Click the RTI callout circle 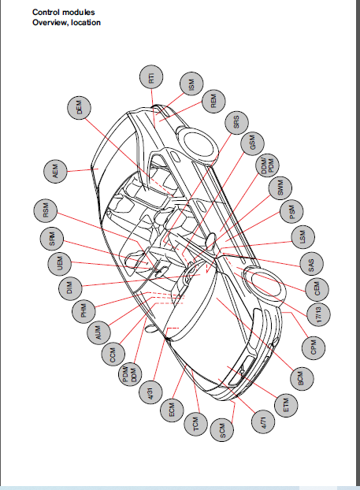(151, 77)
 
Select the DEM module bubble (79, 107)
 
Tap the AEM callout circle (55, 172)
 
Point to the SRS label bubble (236, 122)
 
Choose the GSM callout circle (253, 143)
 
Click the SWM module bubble (280, 188)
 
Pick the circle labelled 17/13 (318, 314)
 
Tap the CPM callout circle (314, 348)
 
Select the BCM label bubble (301, 378)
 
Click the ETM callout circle (286, 405)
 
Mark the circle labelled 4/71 (263, 422)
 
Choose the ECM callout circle (172, 410)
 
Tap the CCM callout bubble (113, 355)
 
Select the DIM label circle (70, 288)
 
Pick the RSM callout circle (46, 210)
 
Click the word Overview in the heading (50, 23)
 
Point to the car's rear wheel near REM (199, 143)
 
